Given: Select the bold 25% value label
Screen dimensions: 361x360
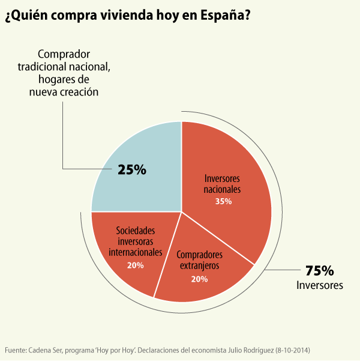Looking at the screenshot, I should click(x=132, y=170).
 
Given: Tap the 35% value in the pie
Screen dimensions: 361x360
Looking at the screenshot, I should click(x=223, y=202).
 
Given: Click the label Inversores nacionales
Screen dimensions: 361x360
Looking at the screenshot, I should click(x=223, y=184).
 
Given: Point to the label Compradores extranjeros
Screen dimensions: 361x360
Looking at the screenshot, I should click(x=200, y=259).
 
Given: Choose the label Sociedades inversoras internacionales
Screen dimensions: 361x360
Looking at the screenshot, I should click(x=135, y=241).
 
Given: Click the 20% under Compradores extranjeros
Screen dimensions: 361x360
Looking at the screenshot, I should click(x=199, y=279).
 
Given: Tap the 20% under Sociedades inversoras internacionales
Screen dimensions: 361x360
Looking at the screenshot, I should click(x=135, y=264).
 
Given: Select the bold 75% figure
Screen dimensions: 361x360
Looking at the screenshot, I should click(x=319, y=270).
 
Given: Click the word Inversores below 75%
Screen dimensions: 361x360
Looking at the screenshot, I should click(x=319, y=285).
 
